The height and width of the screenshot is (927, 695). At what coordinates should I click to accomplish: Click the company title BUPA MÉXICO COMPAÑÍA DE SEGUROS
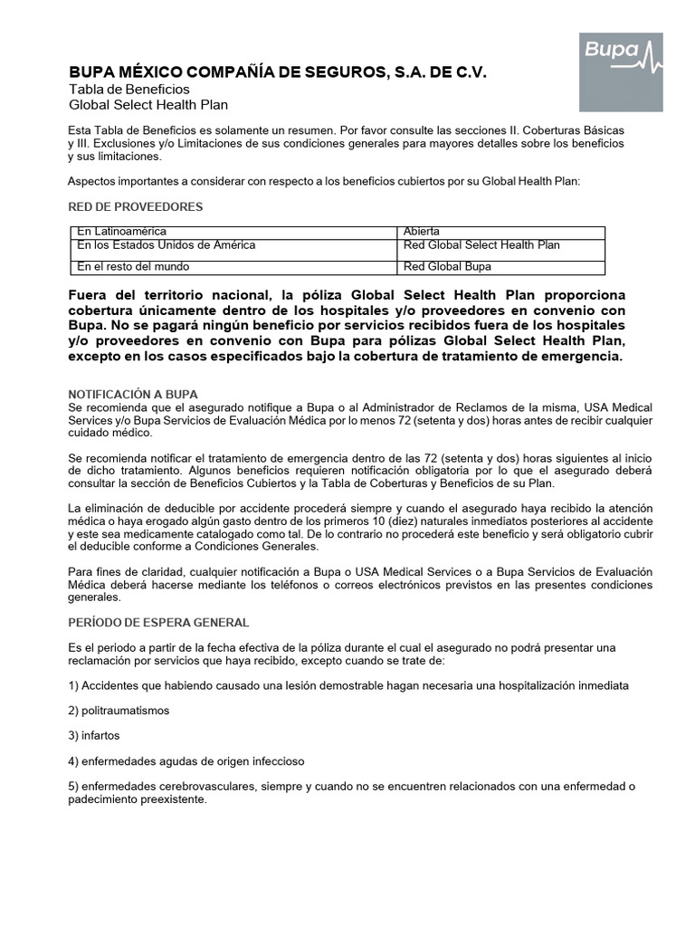click(x=278, y=72)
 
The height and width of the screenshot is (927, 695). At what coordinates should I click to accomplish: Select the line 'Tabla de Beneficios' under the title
click(x=129, y=90)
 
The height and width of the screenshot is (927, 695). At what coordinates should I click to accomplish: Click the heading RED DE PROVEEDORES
click(x=136, y=207)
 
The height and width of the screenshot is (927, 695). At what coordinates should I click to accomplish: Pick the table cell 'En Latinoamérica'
click(x=121, y=232)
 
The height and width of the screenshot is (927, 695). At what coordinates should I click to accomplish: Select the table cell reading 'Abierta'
click(x=422, y=232)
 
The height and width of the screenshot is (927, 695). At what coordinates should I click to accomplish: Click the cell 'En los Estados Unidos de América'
click(x=166, y=245)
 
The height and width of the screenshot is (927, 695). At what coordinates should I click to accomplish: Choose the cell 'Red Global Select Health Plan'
click(x=481, y=245)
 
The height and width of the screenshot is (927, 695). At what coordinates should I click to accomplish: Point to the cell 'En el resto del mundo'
click(x=133, y=267)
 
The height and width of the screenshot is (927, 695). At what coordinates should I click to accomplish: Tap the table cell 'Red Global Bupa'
click(x=447, y=267)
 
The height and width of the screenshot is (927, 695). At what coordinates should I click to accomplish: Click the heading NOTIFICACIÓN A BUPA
click(x=133, y=395)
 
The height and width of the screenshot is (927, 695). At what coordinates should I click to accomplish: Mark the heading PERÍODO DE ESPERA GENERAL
click(x=158, y=623)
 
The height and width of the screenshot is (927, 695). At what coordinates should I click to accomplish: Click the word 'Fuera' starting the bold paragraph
click(x=89, y=296)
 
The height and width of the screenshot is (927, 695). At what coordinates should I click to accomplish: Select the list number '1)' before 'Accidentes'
click(x=74, y=684)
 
